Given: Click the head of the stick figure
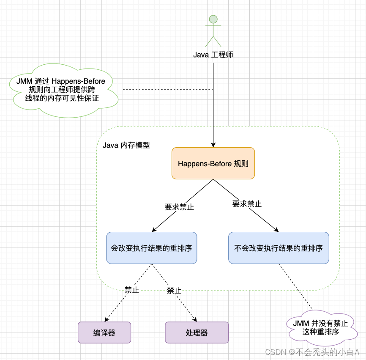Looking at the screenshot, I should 213,19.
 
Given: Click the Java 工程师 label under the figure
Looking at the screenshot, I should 213,55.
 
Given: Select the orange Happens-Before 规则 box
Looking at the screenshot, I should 213,163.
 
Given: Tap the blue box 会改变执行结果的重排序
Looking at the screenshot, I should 152,248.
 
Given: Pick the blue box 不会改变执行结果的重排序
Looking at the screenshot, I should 279,248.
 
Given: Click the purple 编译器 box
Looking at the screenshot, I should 104,333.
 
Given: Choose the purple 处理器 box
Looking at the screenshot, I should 197,333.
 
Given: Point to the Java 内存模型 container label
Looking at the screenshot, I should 126,145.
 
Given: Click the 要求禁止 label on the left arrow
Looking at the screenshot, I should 179,207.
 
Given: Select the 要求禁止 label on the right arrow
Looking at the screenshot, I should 247,204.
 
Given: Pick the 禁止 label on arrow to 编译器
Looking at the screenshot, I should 131,290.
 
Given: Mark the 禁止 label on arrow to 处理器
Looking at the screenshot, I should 174,291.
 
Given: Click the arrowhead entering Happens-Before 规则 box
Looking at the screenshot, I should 213,145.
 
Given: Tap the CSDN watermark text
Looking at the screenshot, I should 312,352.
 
